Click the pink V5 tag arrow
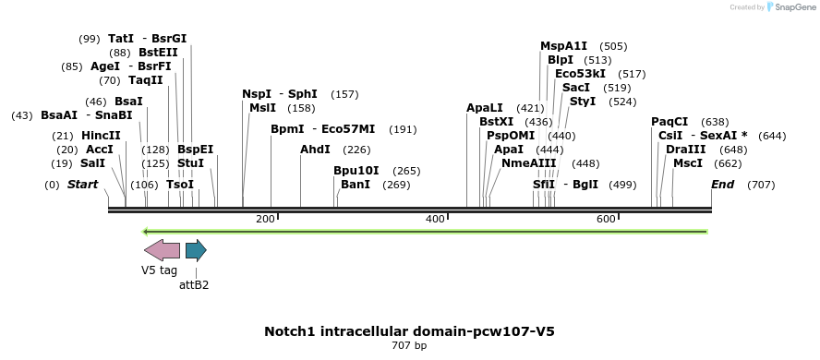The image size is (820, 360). (162, 250)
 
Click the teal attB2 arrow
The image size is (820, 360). (196, 250)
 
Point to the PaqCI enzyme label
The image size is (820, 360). (669, 122)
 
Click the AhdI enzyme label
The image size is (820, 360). (315, 150)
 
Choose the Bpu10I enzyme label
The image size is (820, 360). (356, 171)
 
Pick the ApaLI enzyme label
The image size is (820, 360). (485, 108)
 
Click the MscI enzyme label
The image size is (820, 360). (687, 163)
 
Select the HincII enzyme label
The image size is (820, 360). (101, 136)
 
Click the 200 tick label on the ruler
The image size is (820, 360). (265, 219)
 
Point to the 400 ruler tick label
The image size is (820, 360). (435, 219)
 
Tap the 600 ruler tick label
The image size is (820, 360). (605, 219)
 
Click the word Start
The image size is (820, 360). (82, 185)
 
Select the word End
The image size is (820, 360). (722, 185)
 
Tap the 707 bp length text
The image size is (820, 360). (409, 346)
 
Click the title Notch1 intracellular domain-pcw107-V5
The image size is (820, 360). (409, 331)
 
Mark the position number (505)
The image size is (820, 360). (613, 46)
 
